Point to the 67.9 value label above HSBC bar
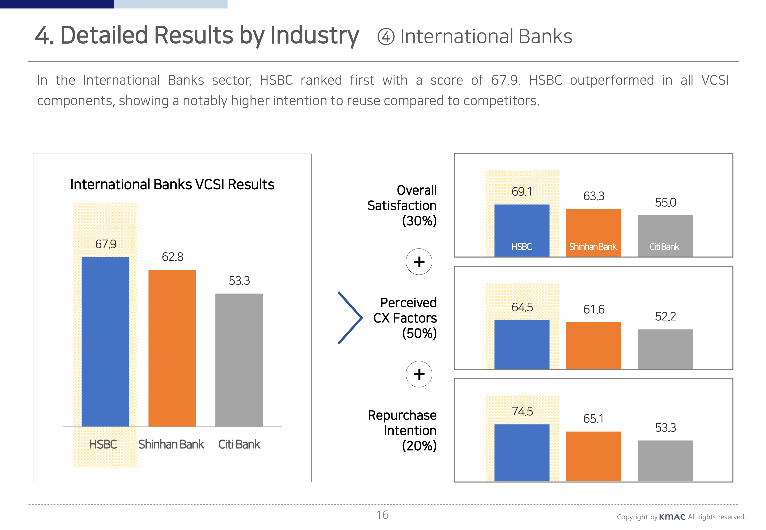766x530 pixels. (x=106, y=244)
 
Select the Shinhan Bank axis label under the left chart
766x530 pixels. (x=171, y=444)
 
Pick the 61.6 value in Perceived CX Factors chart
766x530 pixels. (x=594, y=310)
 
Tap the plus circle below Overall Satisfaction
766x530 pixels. (x=419, y=262)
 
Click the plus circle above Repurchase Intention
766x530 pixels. (x=419, y=374)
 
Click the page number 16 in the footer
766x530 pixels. (x=382, y=515)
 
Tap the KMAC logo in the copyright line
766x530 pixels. (x=672, y=517)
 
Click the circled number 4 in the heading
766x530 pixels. (x=386, y=37)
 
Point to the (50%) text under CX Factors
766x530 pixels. (x=419, y=333)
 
